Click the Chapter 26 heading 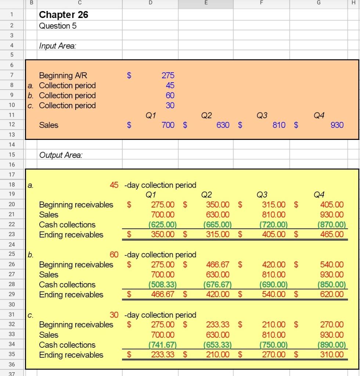pos(64,15)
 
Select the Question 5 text pos(58,26)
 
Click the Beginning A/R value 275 pos(168,75)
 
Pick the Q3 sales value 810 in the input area pos(279,125)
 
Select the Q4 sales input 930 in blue pos(337,125)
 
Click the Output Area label pos(61,155)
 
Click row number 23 pos(12,235)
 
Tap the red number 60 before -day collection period pos(114,255)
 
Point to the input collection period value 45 pos(170,86)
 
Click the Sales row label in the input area pos(49,125)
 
